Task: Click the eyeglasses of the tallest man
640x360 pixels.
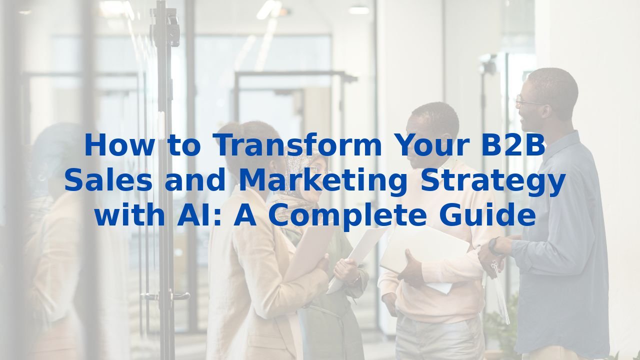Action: pos(529,102)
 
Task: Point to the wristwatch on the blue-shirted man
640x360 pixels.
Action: pos(493,246)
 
